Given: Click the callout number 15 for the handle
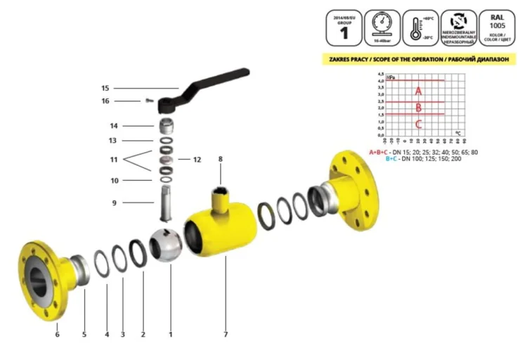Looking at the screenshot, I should click(x=105, y=89).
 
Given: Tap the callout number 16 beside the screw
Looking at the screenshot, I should click(x=105, y=101).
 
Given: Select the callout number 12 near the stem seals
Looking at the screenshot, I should click(x=197, y=160).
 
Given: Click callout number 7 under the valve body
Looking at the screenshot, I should click(x=226, y=334).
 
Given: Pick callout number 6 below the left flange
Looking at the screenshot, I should click(x=57, y=334).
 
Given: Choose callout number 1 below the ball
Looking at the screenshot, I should click(x=170, y=334).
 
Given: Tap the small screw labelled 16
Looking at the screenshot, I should click(x=149, y=101).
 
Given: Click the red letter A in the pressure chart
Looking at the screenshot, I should click(x=418, y=91).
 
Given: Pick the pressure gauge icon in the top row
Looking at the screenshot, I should click(x=380, y=23).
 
